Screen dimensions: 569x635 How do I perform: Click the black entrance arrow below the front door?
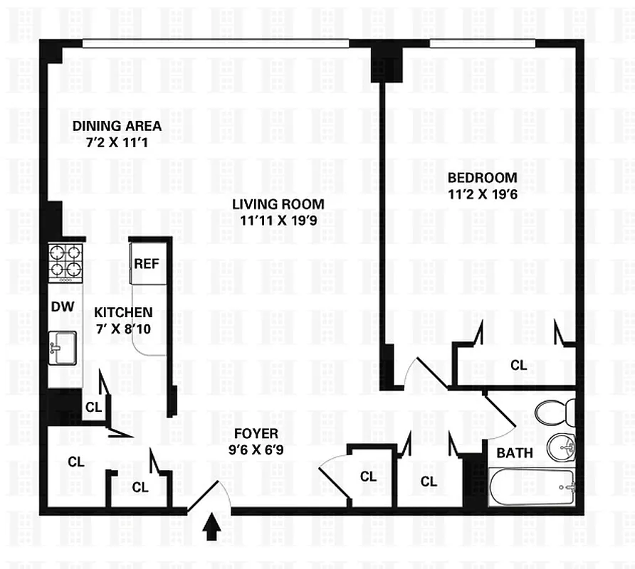(211, 528)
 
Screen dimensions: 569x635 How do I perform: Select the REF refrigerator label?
(147, 263)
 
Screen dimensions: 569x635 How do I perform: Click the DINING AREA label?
(117, 127)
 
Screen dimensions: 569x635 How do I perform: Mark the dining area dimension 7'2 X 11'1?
(117, 141)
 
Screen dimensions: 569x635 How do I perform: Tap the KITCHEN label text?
(123, 312)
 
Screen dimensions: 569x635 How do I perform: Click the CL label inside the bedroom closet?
(519, 365)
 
